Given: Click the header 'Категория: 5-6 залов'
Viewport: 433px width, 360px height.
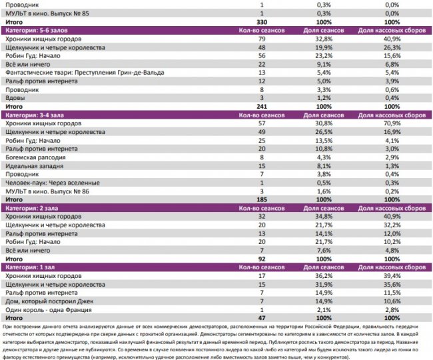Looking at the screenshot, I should pyautogui.click(x=36, y=31).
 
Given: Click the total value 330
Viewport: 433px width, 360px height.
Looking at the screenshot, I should pyautogui.click(x=261, y=22).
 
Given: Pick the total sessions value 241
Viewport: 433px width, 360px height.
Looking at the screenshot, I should pyautogui.click(x=261, y=107).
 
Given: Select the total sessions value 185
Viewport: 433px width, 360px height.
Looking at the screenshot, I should pyautogui.click(x=261, y=199).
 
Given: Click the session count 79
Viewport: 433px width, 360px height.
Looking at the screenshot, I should pyautogui.click(x=261, y=39).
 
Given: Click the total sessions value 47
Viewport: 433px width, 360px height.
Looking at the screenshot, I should pyautogui.click(x=261, y=318).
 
